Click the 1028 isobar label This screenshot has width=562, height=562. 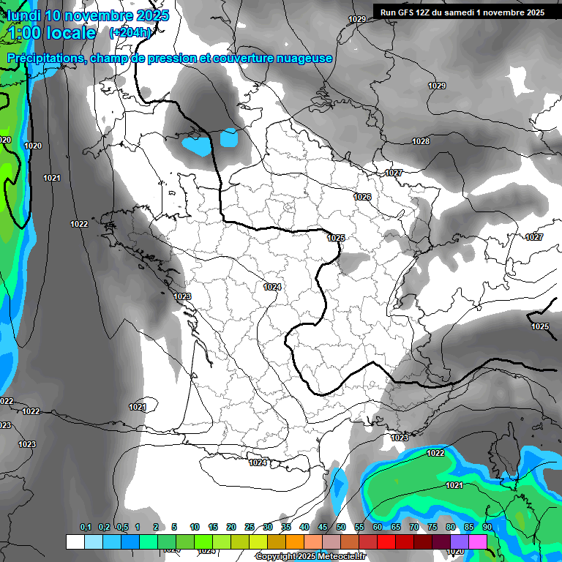click(x=421, y=141)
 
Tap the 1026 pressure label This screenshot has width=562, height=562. click(x=362, y=198)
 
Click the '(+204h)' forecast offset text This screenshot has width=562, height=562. click(x=130, y=32)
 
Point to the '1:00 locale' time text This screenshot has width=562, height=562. click(x=52, y=33)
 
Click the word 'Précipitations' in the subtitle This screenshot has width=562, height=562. click(x=45, y=58)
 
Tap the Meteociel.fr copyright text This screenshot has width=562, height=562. click(x=310, y=557)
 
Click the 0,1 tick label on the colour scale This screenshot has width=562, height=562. click(x=86, y=527)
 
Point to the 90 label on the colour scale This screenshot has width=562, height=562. click(x=487, y=527)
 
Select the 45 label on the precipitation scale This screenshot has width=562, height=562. click(x=323, y=527)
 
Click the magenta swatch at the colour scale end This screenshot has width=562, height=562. click(x=478, y=542)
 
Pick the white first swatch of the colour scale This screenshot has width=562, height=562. click(x=75, y=542)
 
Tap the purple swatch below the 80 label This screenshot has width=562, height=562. click(x=460, y=542)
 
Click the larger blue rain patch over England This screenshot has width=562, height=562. click(x=197, y=145)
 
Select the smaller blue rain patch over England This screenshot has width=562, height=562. click(x=229, y=138)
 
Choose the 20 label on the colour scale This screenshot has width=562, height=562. click(x=231, y=527)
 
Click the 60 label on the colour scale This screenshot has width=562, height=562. click(x=377, y=527)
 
